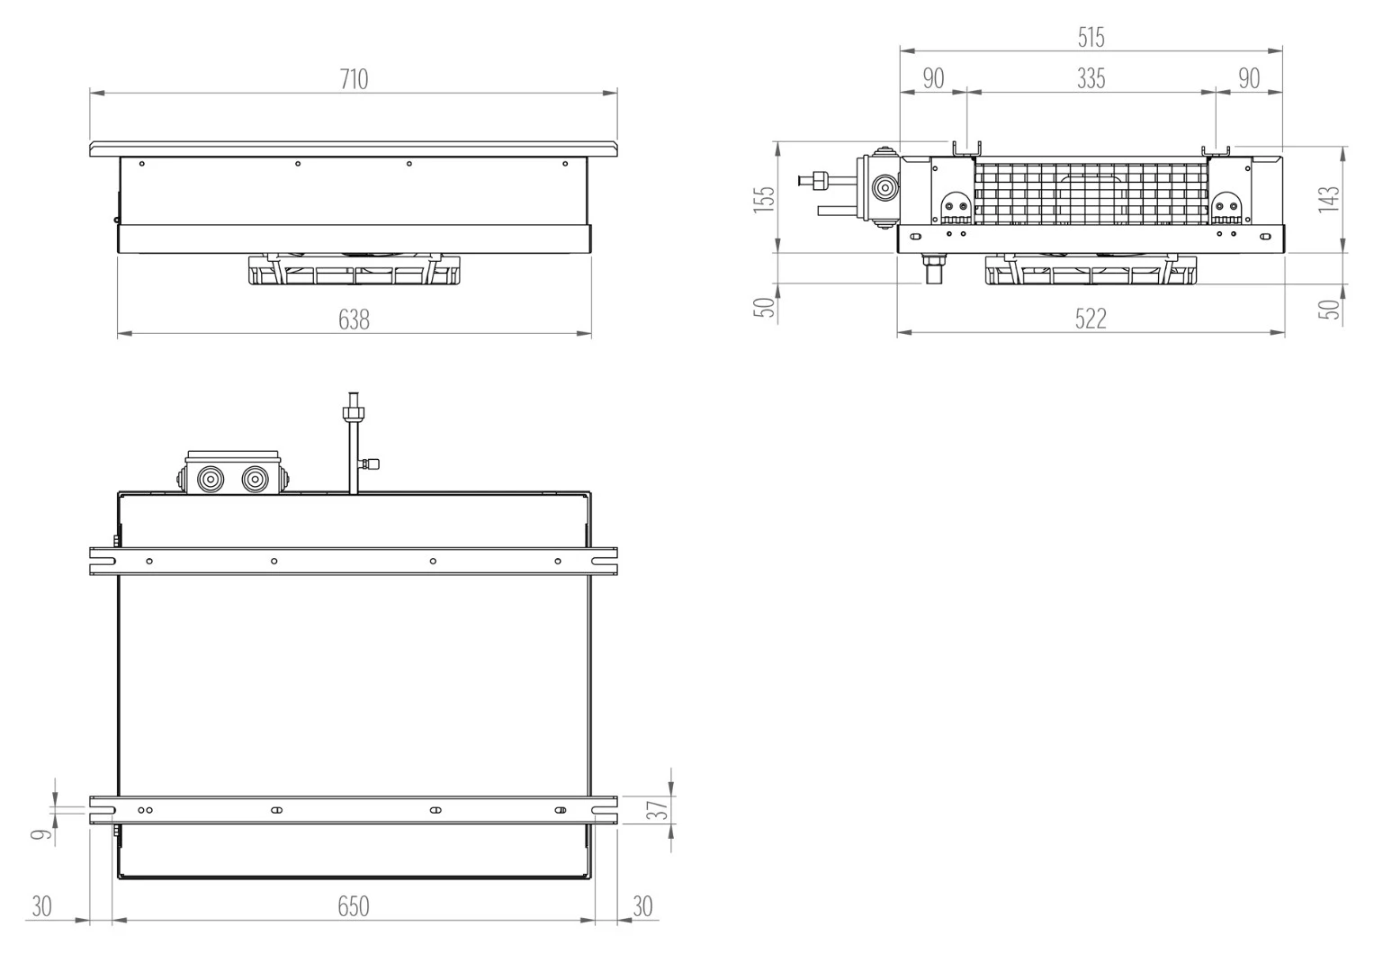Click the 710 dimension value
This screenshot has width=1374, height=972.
pyautogui.click(x=354, y=79)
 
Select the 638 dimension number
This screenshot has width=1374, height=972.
pyautogui.click(x=354, y=319)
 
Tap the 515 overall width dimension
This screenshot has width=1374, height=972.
pyautogui.click(x=1091, y=38)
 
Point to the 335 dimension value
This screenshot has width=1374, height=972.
pyautogui.click(x=1091, y=78)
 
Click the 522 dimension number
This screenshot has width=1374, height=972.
pyautogui.click(x=1091, y=319)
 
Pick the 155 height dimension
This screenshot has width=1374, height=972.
pyautogui.click(x=764, y=198)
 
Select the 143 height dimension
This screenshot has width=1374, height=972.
pyautogui.click(x=1329, y=198)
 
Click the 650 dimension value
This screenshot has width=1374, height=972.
pyautogui.click(x=354, y=905)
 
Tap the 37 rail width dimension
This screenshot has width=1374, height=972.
pyautogui.click(x=657, y=809)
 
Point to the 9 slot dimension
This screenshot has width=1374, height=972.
pyautogui.click(x=41, y=834)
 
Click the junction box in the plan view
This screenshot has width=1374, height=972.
pyautogui.click(x=232, y=472)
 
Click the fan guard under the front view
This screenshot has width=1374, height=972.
pyautogui.click(x=355, y=270)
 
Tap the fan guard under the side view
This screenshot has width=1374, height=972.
pyautogui.click(x=1091, y=270)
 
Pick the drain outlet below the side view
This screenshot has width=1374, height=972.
pyautogui.click(x=933, y=269)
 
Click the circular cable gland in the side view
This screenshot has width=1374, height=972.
pyautogui.click(x=885, y=186)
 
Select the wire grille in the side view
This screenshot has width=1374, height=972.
pyautogui.click(x=1091, y=193)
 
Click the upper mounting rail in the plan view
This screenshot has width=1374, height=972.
pyautogui.click(x=354, y=562)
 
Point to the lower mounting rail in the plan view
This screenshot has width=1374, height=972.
pyautogui.click(x=354, y=810)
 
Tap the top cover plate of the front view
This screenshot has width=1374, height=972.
pyautogui.click(x=354, y=148)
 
